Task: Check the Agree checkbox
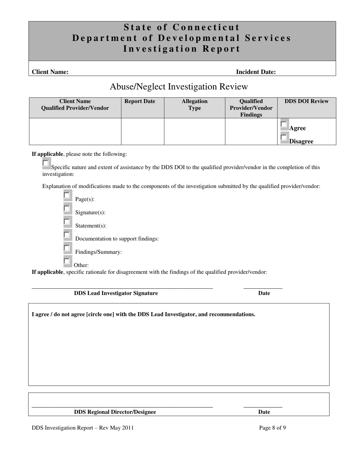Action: (284, 124)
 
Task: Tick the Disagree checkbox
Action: (284, 138)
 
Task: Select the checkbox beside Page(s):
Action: (67, 195)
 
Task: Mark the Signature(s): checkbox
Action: (67, 209)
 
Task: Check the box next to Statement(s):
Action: (67, 222)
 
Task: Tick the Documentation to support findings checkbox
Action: (67, 235)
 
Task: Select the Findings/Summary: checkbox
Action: (67, 248)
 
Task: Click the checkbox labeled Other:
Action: (67, 261)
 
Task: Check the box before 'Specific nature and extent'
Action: (46, 163)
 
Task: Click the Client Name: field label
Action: (50, 72)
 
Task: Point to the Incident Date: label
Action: (256, 72)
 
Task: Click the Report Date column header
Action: (140, 101)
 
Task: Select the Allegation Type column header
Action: (194, 105)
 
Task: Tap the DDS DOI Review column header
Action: (307, 101)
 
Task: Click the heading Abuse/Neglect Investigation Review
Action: (179, 87)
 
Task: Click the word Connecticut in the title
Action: (207, 27)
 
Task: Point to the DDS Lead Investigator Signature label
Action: (116, 293)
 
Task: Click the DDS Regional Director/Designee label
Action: (115, 412)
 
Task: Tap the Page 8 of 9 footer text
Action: (272, 428)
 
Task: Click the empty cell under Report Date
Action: (142, 131)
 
